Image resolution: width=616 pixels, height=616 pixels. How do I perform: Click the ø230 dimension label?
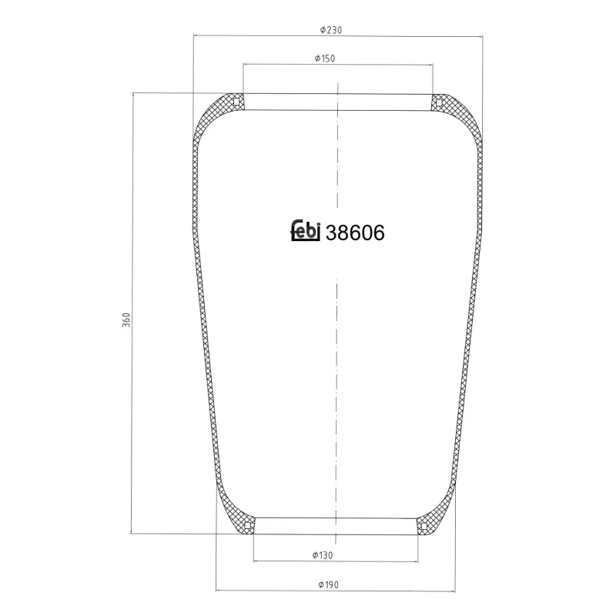331,30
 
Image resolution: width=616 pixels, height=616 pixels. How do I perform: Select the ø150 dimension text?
325,59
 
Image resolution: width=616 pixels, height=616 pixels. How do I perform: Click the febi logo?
305,230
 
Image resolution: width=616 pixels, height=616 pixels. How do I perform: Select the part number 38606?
355,233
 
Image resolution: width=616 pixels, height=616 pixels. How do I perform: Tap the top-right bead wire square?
437,100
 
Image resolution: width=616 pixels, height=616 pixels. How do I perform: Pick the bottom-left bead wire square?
247,526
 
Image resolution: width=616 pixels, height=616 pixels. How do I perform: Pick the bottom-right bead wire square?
423,526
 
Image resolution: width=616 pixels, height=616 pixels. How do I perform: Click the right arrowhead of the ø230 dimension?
480,35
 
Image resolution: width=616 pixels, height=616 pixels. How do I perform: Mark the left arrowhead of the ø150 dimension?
246,64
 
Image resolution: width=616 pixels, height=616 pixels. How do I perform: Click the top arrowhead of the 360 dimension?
133,95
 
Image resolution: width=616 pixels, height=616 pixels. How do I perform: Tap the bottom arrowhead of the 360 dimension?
133,530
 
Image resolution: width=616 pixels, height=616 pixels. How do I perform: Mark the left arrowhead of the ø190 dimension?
219,591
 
